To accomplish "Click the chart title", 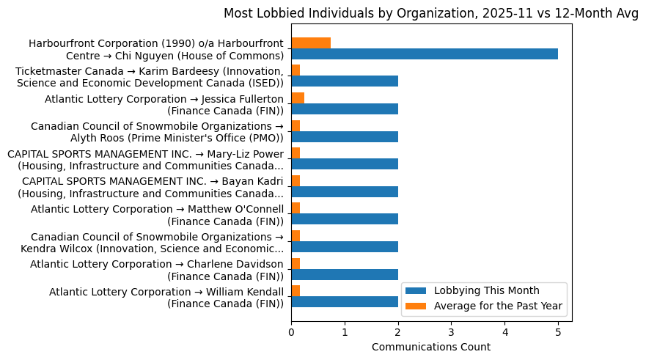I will tap(431, 12).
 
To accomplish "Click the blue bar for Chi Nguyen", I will tap(425, 54).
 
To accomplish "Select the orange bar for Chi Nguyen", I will tap(311, 43).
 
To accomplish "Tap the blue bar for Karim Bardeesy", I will tap(345, 81).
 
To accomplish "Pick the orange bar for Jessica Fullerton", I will tap(298, 98).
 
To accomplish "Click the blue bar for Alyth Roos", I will tap(345, 136).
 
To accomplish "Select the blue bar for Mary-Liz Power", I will tap(345, 164).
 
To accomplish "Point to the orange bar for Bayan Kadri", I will tap(296, 180).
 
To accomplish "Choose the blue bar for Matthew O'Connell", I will tap(345, 219).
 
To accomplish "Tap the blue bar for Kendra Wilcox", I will tap(345, 246).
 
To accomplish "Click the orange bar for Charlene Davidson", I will tap(296, 263).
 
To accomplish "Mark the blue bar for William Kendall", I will tap(345, 301).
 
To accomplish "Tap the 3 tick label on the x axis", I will tap(451, 332).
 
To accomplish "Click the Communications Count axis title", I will tap(431, 347).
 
